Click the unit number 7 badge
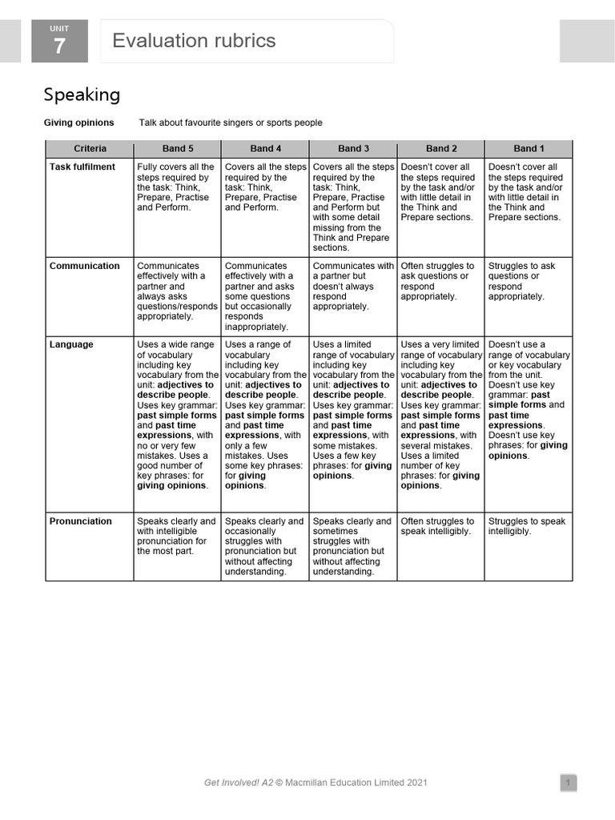(x=59, y=42)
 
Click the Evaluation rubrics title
(x=194, y=41)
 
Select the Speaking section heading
(x=82, y=94)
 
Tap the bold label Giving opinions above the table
(x=78, y=123)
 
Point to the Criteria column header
(x=90, y=148)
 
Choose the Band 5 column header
(x=177, y=148)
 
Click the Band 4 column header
(x=265, y=148)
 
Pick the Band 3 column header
(x=353, y=148)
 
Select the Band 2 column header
(x=440, y=148)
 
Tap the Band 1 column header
(x=529, y=148)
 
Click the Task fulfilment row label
(x=82, y=167)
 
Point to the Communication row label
(x=84, y=266)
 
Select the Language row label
(x=71, y=344)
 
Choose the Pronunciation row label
(x=81, y=521)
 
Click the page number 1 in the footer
(x=567, y=782)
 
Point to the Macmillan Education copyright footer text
(x=316, y=782)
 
